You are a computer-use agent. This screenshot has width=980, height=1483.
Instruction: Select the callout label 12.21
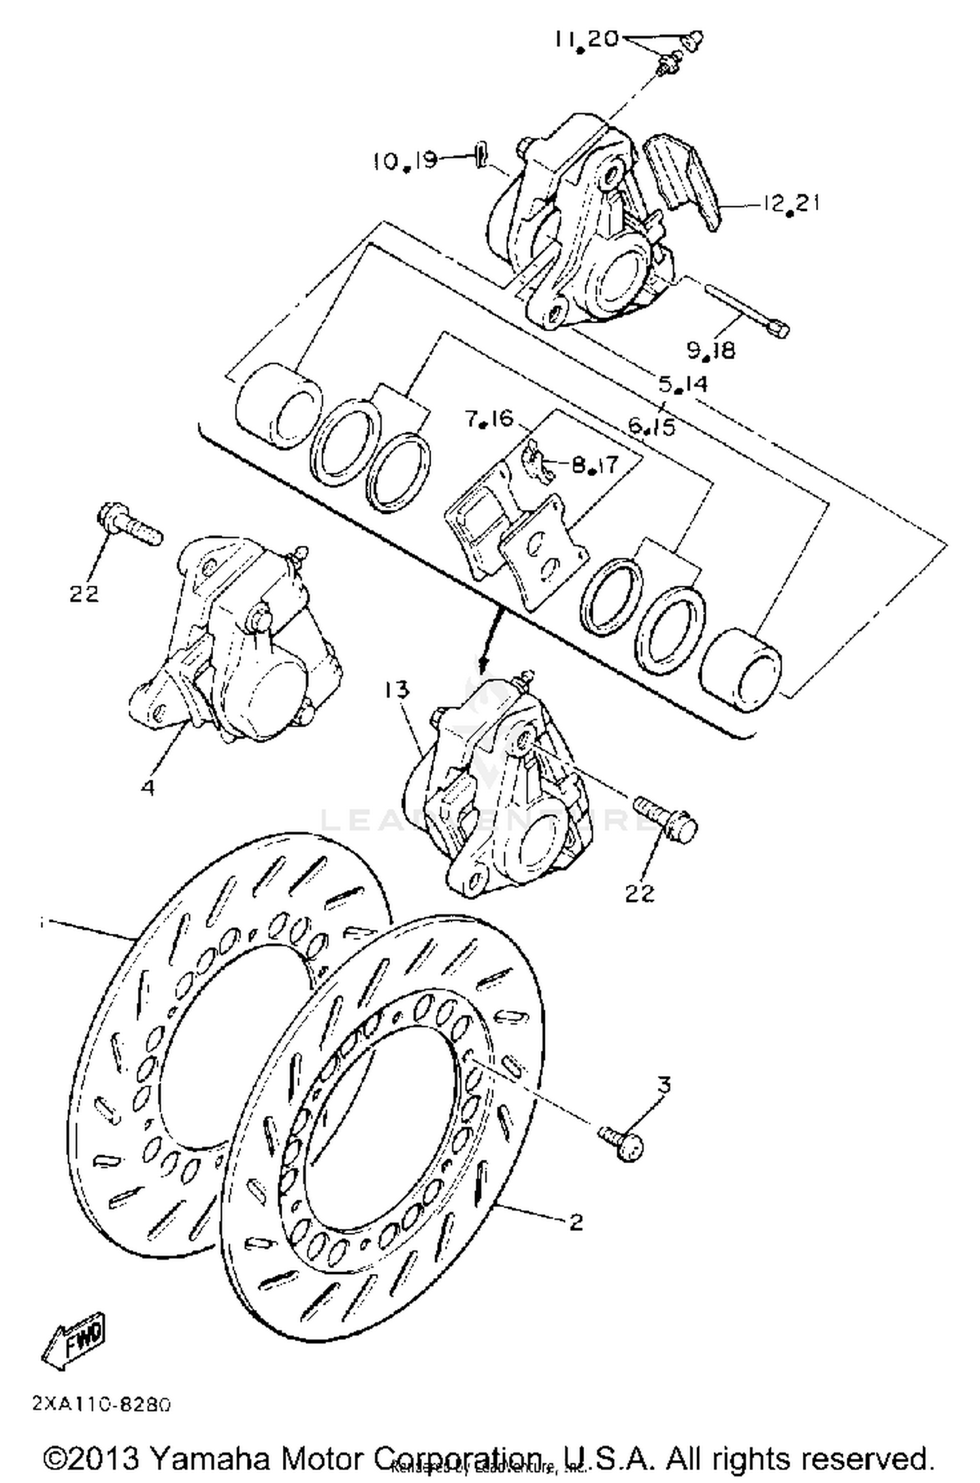tap(790, 204)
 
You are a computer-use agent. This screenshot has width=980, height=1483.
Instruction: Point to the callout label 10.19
tap(405, 161)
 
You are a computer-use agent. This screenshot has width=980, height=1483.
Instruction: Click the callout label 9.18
tap(711, 351)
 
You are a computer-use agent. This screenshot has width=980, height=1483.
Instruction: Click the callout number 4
tap(148, 788)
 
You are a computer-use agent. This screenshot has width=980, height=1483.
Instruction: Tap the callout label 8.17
tap(595, 465)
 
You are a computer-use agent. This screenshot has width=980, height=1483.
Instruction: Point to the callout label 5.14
tap(683, 384)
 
